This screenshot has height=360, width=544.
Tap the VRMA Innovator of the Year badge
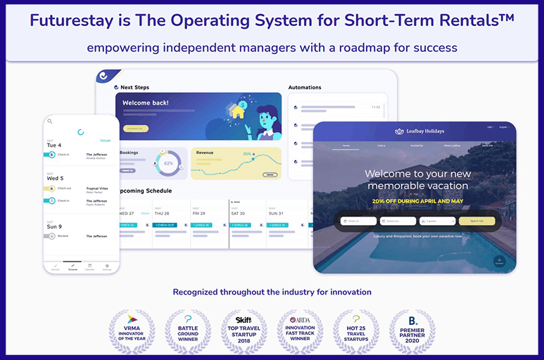tap(131, 330)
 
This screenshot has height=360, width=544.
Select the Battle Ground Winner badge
tap(187, 330)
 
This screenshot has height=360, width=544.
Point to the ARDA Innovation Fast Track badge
tap(300, 330)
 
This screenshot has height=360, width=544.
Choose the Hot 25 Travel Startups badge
tap(356, 330)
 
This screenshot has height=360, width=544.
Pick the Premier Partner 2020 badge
tap(412, 330)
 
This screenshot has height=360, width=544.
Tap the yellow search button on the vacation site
tap(476, 221)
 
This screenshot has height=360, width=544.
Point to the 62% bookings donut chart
tap(168, 162)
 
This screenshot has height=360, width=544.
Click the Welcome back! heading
tap(146, 103)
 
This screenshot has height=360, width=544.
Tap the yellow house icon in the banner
tap(238, 111)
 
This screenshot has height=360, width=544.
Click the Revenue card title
tap(205, 152)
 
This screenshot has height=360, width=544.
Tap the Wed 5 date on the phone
tap(56, 178)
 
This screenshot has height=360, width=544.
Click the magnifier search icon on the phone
tap(50, 121)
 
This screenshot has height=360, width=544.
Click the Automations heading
tap(305, 88)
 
